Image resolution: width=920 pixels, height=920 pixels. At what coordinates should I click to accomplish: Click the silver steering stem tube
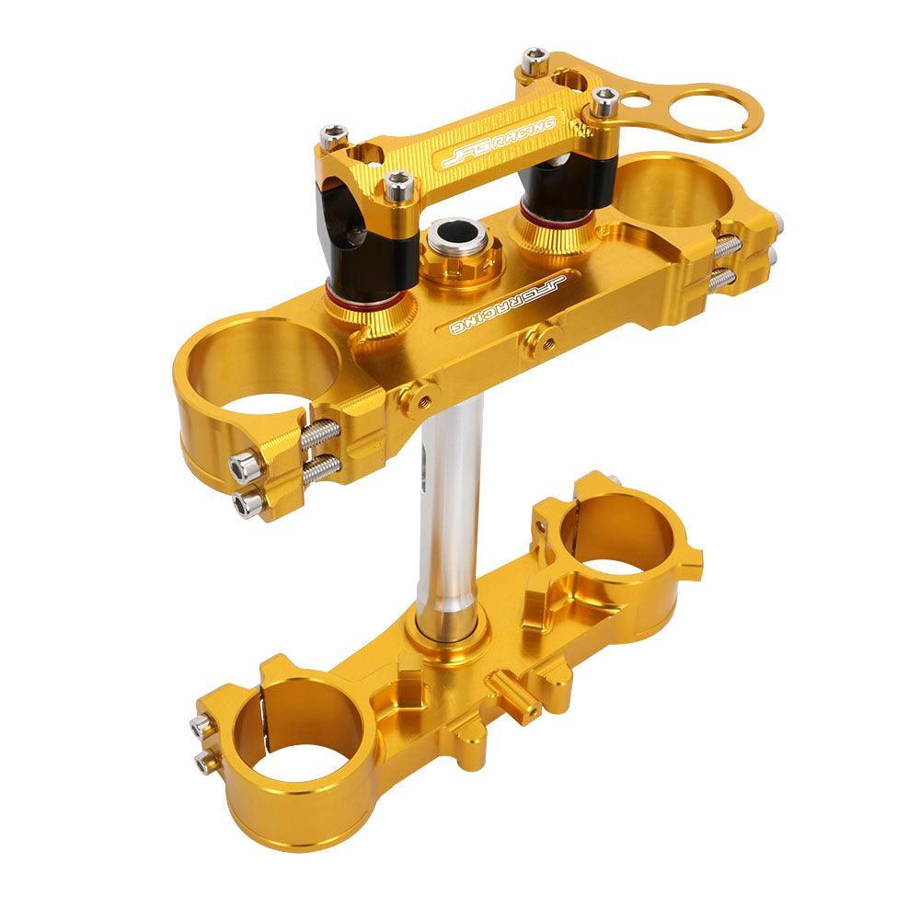click(x=451, y=515)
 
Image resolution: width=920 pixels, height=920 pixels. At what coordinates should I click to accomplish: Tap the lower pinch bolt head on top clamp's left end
click(x=246, y=502)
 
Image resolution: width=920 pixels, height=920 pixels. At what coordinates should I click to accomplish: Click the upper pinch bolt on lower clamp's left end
click(x=201, y=726)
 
